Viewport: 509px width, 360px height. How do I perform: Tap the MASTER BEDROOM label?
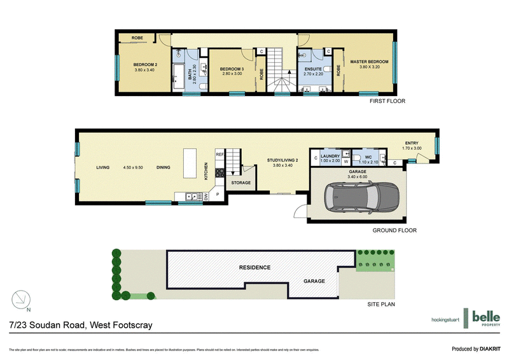coord(368,62)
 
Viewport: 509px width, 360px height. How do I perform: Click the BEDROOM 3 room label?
coord(232,69)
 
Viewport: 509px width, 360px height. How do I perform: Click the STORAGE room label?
coord(241,183)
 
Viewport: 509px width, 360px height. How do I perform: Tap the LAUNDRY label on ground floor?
coord(330,156)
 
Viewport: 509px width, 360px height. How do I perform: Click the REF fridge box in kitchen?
coord(220,155)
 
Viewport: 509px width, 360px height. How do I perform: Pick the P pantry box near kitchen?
coord(218,194)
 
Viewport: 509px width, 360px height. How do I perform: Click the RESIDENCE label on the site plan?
coord(254,267)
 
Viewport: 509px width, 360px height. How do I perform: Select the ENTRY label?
coord(412,143)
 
